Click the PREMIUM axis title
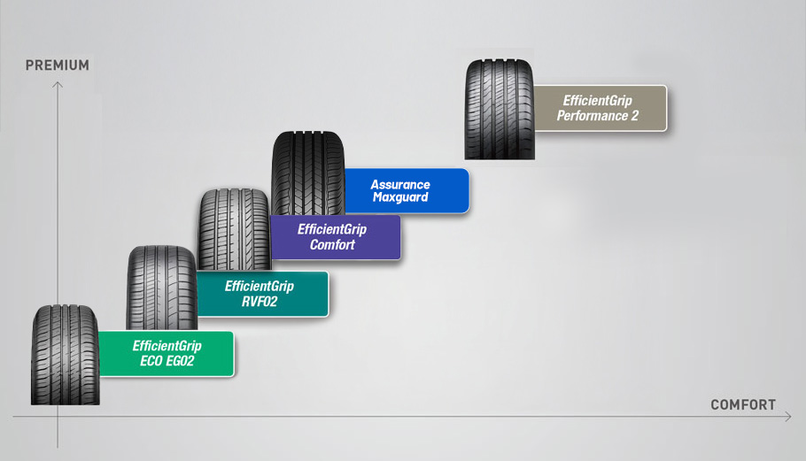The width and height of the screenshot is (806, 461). tap(58, 65)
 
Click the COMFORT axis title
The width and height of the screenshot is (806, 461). tap(743, 405)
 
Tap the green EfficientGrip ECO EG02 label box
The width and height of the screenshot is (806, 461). tap(167, 353)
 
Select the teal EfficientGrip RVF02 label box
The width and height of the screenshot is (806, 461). tap(260, 294)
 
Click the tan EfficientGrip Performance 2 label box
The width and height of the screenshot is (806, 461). tap(600, 108)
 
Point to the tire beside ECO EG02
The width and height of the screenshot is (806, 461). tap(65, 355)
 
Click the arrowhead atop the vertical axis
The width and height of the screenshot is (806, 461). tap(58, 84)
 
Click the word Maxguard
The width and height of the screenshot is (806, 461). tap(400, 197)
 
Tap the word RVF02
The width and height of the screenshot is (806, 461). tap(260, 301)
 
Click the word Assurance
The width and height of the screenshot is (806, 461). tap(400, 185)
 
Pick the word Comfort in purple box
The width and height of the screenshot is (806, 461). tap(332, 244)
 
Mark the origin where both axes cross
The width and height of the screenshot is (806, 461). tap(58, 417)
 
